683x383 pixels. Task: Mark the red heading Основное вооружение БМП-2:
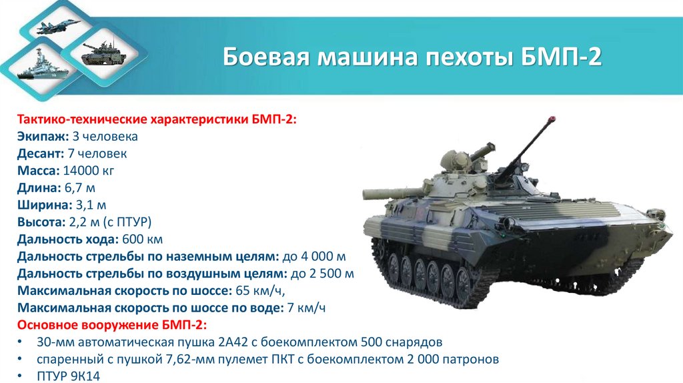pyautogui.click(x=111, y=325)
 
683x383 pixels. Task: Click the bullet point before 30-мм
pyautogui.click(x=22, y=342)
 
